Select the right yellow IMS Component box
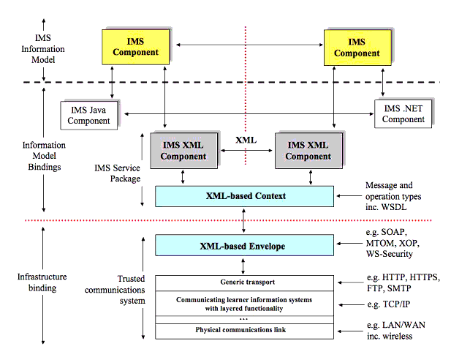[x=356, y=46]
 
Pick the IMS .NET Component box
[x=403, y=114]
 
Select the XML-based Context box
[x=244, y=195]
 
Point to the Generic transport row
[x=244, y=281]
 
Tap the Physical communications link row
[x=244, y=330]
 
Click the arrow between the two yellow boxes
[x=245, y=45]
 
